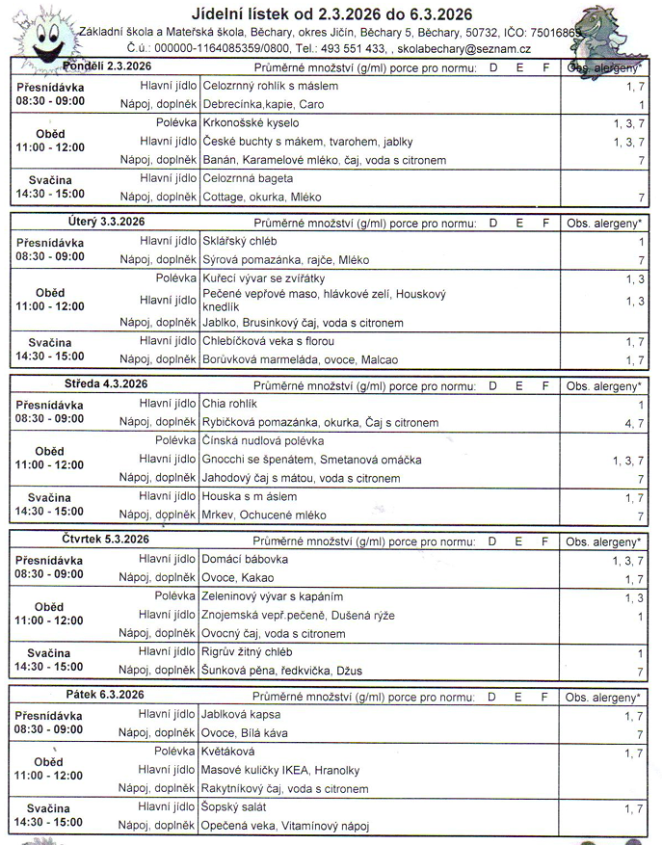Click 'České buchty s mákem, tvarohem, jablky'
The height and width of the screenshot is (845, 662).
307,142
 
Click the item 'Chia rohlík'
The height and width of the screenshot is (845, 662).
231,404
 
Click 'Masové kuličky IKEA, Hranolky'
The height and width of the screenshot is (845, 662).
280,770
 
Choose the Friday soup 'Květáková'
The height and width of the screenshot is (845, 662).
228,752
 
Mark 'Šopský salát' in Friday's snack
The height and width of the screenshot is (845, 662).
234,806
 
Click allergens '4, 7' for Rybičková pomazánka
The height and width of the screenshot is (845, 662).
633,422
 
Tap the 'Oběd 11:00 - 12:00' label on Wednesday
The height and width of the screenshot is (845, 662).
50,458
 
